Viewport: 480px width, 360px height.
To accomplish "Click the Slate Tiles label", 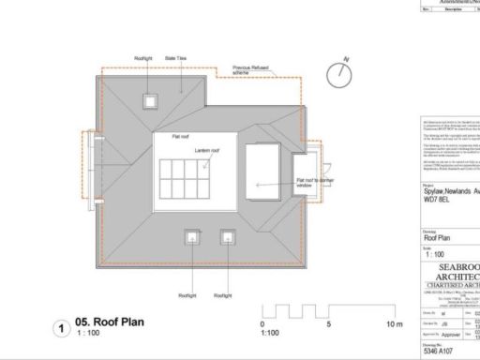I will (176, 59).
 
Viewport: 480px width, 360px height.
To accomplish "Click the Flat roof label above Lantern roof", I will (181, 137).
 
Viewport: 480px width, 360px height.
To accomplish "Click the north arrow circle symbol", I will (338, 74).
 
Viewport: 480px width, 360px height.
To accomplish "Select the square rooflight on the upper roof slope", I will (149, 101).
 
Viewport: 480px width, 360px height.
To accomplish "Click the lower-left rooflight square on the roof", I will (192, 236).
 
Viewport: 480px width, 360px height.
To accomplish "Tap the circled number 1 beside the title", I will (61, 329).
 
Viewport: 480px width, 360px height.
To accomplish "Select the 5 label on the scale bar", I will (329, 324).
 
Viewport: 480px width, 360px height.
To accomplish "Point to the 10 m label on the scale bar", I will (394, 324).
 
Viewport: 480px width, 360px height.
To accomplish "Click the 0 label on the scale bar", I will (262, 324).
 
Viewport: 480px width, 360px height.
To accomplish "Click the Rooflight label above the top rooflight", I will (143, 59).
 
